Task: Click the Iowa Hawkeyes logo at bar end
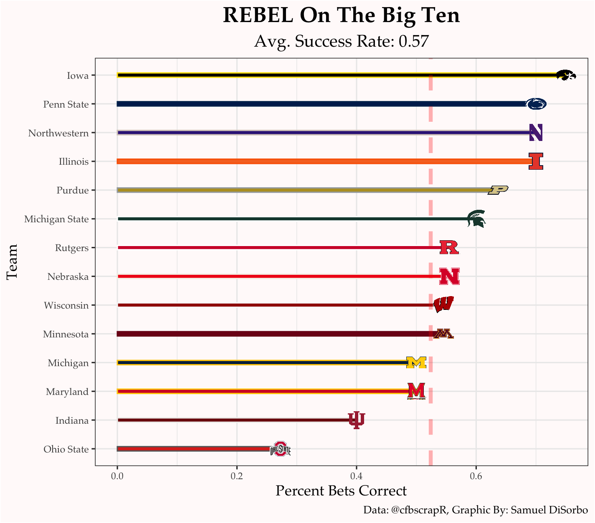(566, 75)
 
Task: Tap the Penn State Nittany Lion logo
(536, 104)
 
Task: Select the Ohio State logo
(280, 449)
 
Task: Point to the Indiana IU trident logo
(357, 420)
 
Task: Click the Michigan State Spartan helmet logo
(476, 219)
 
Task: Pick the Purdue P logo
(498, 190)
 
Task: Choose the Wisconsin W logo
(443, 305)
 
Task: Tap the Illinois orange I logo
(536, 161)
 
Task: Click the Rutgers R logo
(449, 247)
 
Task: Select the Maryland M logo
(416, 391)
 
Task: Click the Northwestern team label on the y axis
(58, 133)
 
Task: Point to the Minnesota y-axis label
(66, 334)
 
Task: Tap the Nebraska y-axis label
(68, 277)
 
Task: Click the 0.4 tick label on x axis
(356, 476)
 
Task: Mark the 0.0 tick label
(117, 476)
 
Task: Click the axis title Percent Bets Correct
(341, 491)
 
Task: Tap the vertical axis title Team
(12, 261)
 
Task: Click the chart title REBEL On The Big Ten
(341, 16)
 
